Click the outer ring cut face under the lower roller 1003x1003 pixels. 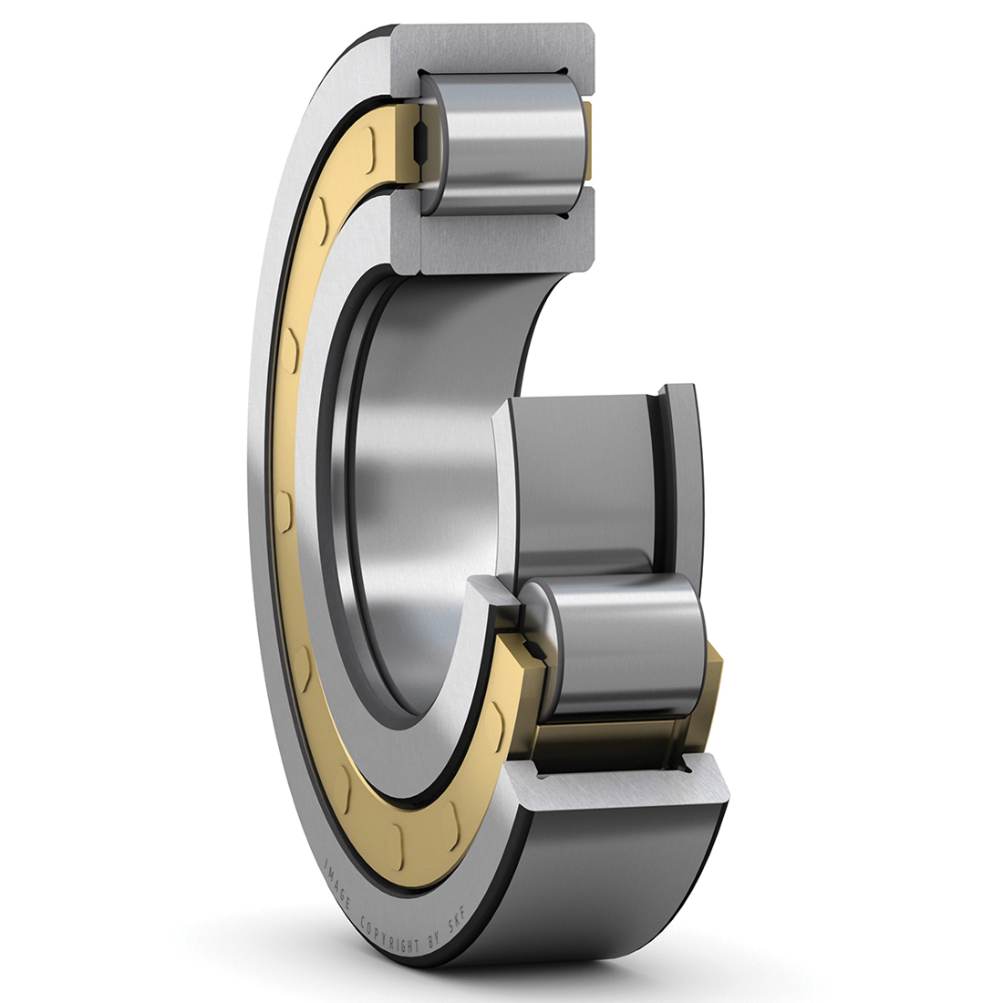[x=620, y=784]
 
